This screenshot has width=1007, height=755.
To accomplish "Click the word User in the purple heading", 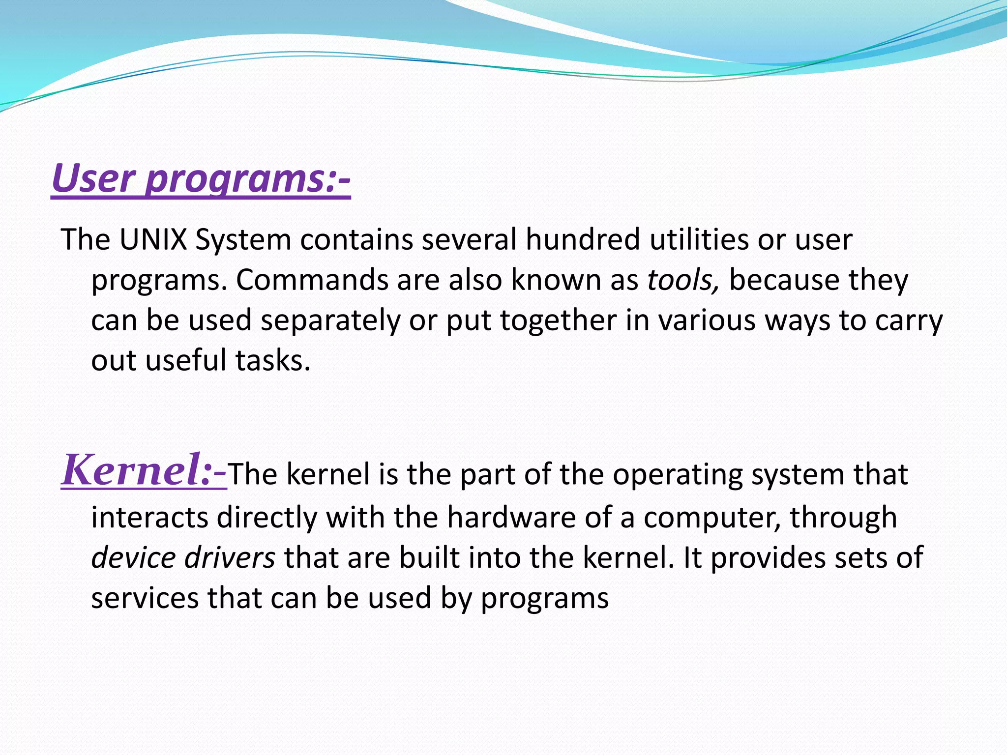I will [93, 178].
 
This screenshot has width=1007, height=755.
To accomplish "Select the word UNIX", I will [153, 240].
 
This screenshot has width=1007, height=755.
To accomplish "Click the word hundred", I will [583, 240].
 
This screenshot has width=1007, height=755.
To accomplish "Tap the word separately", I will [330, 321].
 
